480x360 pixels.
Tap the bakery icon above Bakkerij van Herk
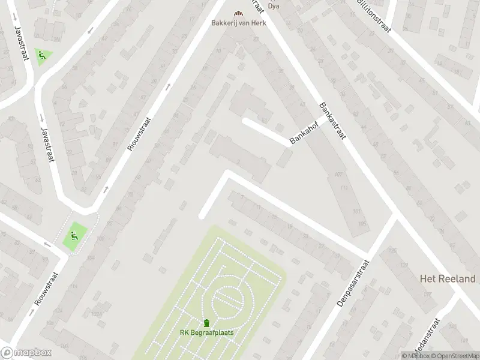[x=239, y=13]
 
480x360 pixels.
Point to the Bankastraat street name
[x=334, y=122]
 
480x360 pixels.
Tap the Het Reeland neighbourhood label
[x=447, y=279]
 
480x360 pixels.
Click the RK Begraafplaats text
[x=207, y=333]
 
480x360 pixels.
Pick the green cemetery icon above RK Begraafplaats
[x=207, y=323]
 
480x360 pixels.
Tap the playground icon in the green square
[x=74, y=236]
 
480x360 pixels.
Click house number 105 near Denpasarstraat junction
[x=361, y=224]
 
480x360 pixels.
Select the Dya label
[x=274, y=7]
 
